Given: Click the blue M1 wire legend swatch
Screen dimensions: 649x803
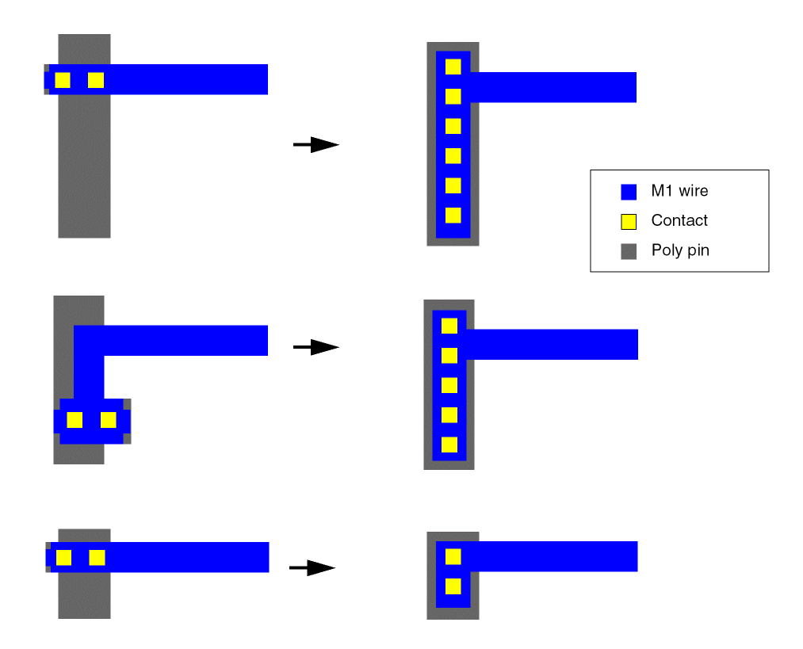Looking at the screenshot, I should (629, 192).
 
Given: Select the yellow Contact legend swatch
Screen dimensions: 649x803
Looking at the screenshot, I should (629, 222).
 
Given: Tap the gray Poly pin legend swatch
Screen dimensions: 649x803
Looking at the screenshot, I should (629, 252).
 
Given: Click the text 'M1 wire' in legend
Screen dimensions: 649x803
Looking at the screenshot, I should (679, 191).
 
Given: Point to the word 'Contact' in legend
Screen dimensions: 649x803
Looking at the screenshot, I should (679, 220).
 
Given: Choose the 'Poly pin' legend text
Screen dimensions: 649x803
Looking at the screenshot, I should (680, 250).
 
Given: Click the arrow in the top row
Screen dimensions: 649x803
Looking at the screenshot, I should (315, 144).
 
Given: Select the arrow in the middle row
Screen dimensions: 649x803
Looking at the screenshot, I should (315, 347).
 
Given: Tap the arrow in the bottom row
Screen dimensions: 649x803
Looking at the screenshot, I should (312, 567).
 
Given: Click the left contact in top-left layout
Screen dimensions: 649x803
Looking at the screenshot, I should (63, 80).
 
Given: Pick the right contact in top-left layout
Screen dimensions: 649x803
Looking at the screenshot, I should (96, 80).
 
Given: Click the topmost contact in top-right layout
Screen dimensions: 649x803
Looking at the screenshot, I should (453, 67).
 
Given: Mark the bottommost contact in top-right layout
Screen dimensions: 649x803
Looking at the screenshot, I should (453, 215).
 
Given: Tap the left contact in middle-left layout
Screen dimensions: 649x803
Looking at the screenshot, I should (75, 420).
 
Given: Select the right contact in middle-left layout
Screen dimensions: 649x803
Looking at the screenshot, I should (109, 420).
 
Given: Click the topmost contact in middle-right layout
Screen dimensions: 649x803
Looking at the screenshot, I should (449, 326).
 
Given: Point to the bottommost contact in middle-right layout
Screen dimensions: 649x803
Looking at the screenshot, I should (449, 445).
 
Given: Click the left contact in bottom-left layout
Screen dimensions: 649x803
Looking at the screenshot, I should (63, 558).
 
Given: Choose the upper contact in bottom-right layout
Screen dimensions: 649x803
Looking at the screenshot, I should (453, 557).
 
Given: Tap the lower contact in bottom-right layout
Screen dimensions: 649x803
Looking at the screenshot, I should (453, 586).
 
